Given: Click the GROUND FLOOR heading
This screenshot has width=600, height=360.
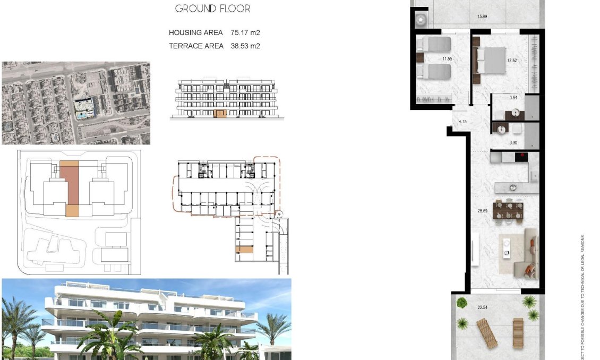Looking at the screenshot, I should [x=212, y=8].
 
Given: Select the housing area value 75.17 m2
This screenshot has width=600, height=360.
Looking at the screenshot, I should [x=245, y=33].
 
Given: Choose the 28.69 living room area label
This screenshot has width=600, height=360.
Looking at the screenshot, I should [x=482, y=211].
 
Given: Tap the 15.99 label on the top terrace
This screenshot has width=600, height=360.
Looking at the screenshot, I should [x=482, y=16].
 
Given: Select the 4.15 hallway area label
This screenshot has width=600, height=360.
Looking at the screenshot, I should [x=462, y=122].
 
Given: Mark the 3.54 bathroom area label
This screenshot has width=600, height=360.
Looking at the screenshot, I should [x=513, y=98].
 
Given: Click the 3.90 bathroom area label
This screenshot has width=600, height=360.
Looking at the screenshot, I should [x=513, y=142].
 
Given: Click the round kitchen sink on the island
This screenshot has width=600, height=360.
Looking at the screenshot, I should [x=513, y=186].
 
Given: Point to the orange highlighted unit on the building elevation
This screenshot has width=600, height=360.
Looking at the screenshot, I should [x=220, y=113].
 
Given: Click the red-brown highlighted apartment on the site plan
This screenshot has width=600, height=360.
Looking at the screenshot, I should [x=70, y=182].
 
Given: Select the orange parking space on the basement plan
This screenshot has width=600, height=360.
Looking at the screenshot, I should [x=245, y=249].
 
